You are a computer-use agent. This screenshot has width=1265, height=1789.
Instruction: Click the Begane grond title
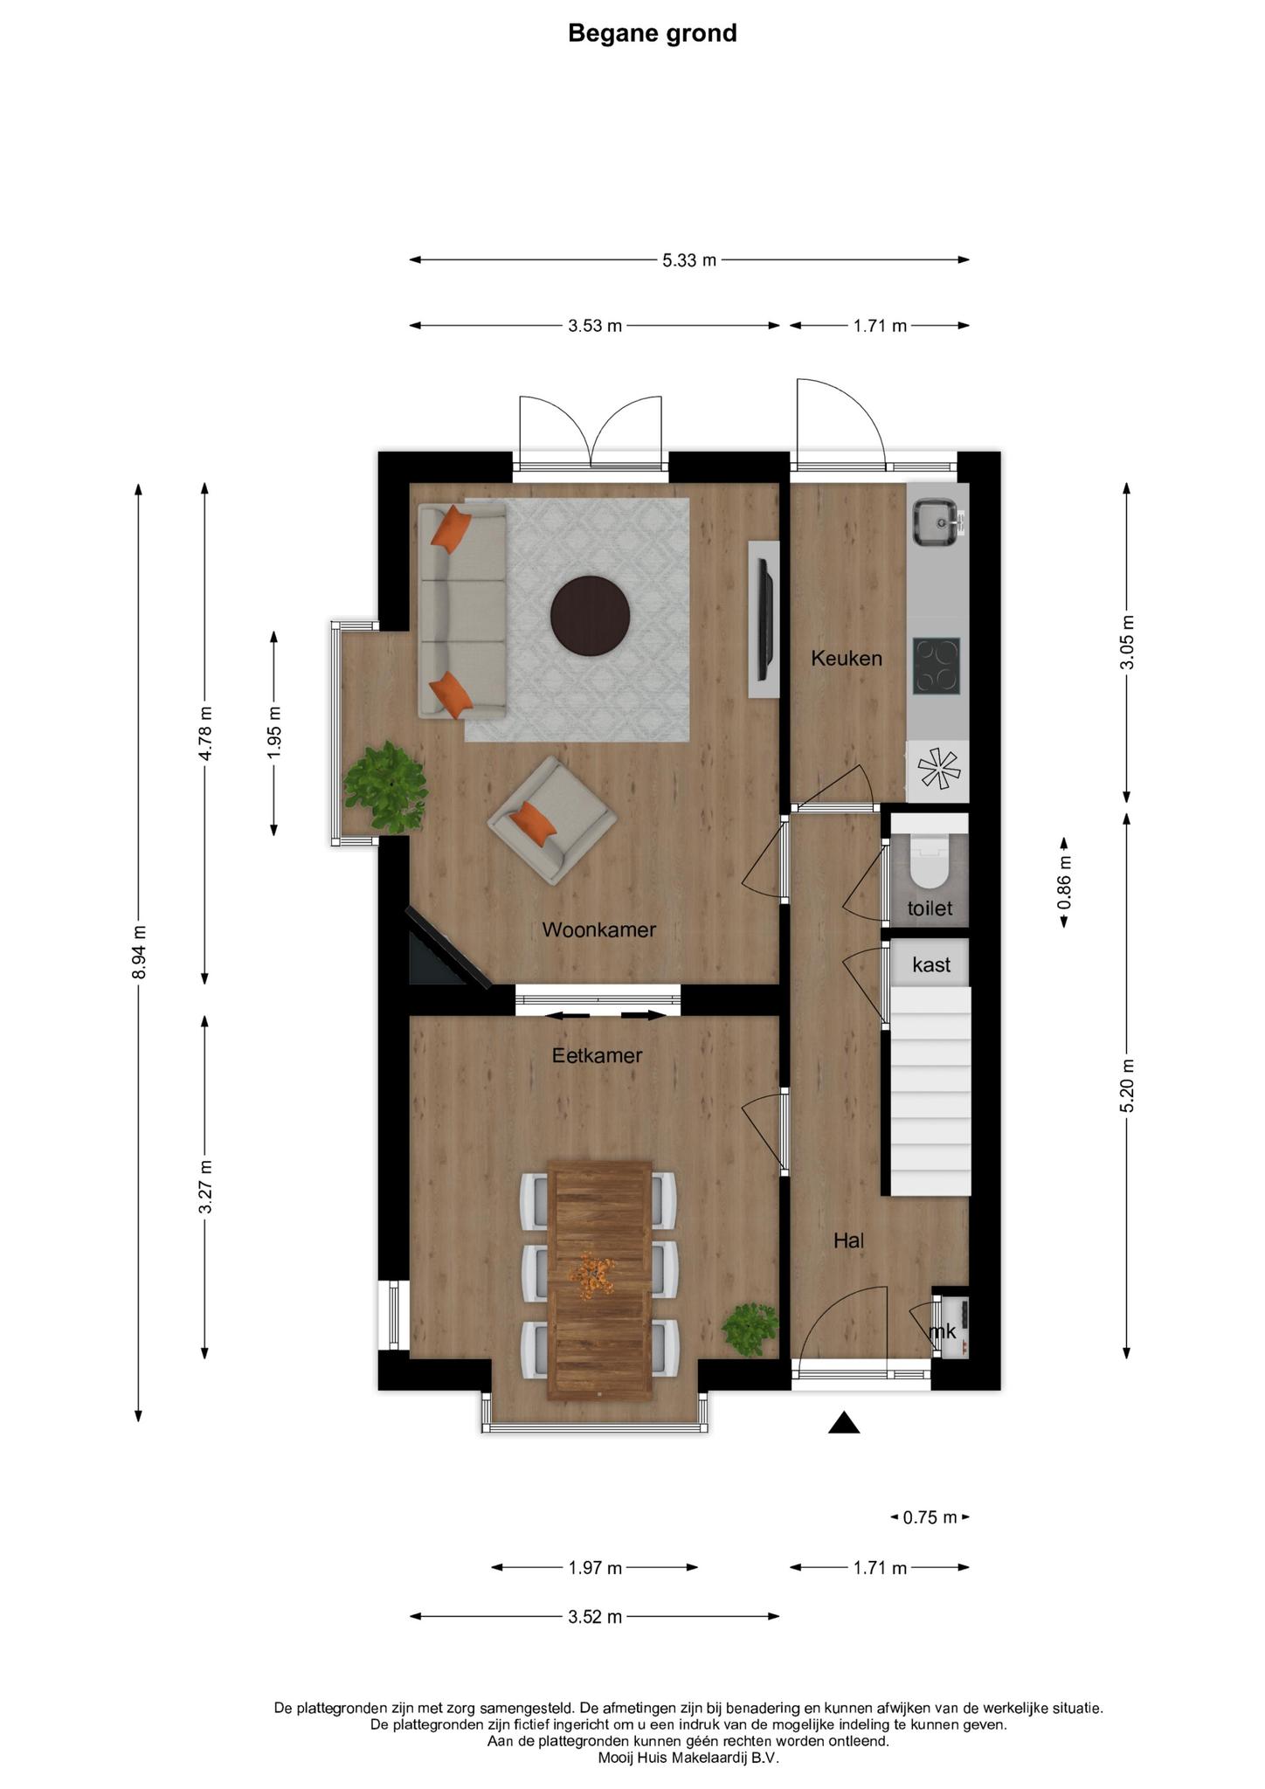click(x=653, y=33)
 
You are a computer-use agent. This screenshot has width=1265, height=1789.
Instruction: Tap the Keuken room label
click(x=847, y=658)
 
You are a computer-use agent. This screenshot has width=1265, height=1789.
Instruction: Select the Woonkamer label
click(x=598, y=929)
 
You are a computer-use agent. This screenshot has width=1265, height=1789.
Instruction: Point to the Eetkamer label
click(x=597, y=1055)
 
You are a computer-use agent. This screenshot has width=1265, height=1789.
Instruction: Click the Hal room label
click(x=848, y=1240)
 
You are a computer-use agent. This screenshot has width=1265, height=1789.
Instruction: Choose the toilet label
click(x=930, y=908)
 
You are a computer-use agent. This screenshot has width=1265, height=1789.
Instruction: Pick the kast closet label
click(x=931, y=964)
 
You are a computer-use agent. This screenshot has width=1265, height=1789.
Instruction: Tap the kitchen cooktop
click(x=937, y=666)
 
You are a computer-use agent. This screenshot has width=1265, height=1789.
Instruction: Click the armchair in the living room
click(x=552, y=819)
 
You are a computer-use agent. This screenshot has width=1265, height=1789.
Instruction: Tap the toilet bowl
click(x=929, y=860)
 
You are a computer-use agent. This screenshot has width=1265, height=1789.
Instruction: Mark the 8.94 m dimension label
click(x=138, y=952)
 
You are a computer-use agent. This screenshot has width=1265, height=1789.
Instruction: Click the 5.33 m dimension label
click(x=689, y=259)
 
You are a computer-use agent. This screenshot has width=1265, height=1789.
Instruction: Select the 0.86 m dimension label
click(x=1064, y=882)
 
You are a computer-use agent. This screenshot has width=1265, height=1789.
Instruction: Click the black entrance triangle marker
click(x=844, y=1423)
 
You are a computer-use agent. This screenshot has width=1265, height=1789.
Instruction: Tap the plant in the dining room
click(x=750, y=1328)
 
